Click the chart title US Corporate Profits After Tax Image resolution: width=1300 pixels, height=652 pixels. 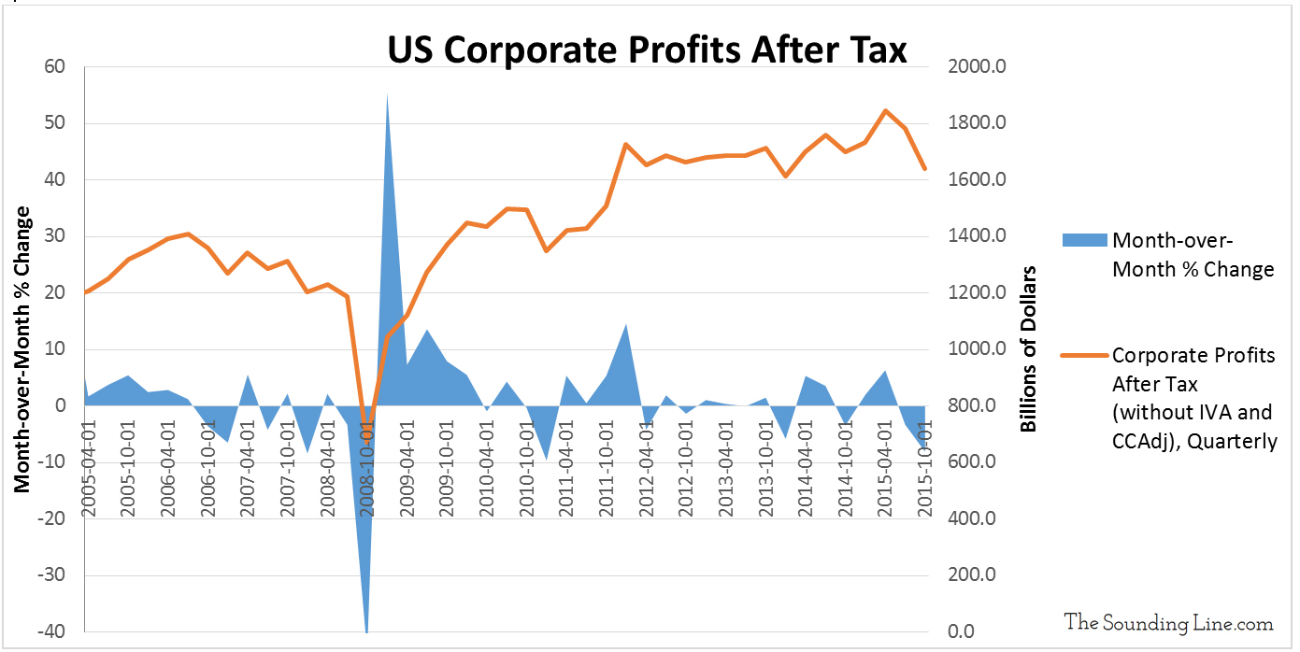coord(647,49)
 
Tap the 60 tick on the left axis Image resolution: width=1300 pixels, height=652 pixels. coord(53,67)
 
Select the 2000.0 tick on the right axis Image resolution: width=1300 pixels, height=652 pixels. coord(976,67)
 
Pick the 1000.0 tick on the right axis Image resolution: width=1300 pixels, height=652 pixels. coord(976,349)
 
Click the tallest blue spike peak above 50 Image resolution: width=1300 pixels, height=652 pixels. coord(387,93)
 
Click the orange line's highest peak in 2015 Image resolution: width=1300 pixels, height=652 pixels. coord(885,110)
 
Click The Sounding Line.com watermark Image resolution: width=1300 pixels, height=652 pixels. coord(1168,623)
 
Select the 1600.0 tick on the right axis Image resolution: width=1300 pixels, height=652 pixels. coord(976,180)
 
